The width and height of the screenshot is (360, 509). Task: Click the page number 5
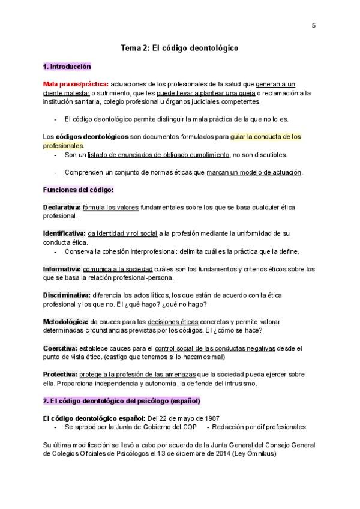pos(314,25)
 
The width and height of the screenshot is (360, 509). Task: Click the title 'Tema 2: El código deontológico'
pos(180,49)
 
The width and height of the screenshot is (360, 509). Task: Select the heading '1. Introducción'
pos(67,66)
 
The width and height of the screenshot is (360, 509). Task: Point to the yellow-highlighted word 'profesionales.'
pos(64,145)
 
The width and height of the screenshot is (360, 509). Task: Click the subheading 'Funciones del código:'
pos(78,190)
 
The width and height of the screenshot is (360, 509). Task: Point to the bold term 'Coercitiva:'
pos(60,348)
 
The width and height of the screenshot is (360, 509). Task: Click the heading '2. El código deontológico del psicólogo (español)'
pos(122,400)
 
